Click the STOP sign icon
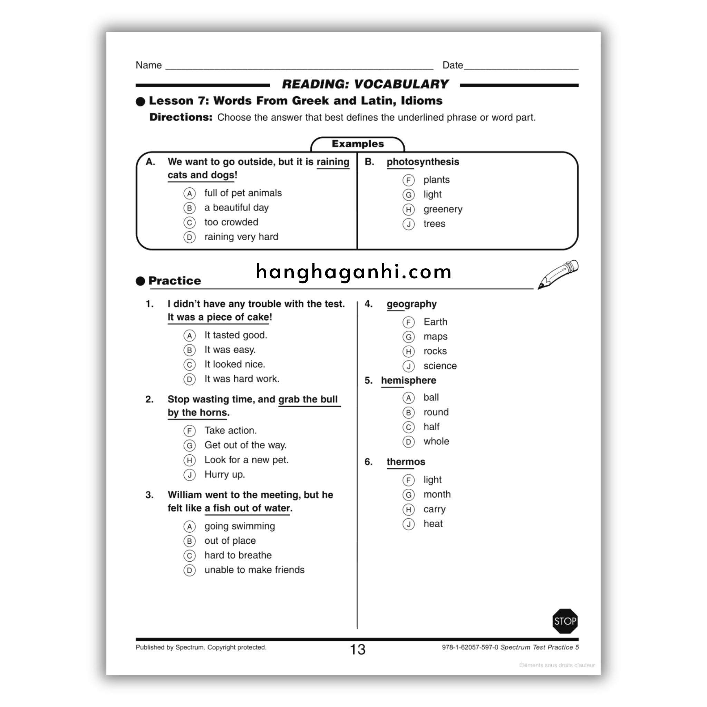pyautogui.click(x=565, y=621)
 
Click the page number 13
pyautogui.click(x=357, y=650)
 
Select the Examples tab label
pyautogui.click(x=358, y=144)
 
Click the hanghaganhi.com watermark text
pyautogui.click(x=353, y=272)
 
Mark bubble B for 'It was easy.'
pyautogui.click(x=189, y=350)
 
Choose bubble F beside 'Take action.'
pyautogui.click(x=189, y=431)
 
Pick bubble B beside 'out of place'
pyautogui.click(x=189, y=541)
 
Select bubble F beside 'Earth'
pyautogui.click(x=408, y=322)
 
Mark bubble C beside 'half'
pyautogui.click(x=408, y=427)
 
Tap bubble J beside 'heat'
pyautogui.click(x=408, y=524)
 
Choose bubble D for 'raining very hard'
pyautogui.click(x=189, y=237)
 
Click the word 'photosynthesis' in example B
pyautogui.click(x=423, y=162)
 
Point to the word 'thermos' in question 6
pyautogui.click(x=406, y=462)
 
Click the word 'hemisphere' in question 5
pyautogui.click(x=408, y=380)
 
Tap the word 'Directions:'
pyautogui.click(x=181, y=117)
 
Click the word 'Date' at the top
pyautogui.click(x=453, y=65)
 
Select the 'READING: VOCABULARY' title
pyautogui.click(x=365, y=84)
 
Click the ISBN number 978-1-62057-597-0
pyautogui.click(x=470, y=647)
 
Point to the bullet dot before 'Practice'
pyautogui.click(x=140, y=281)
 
